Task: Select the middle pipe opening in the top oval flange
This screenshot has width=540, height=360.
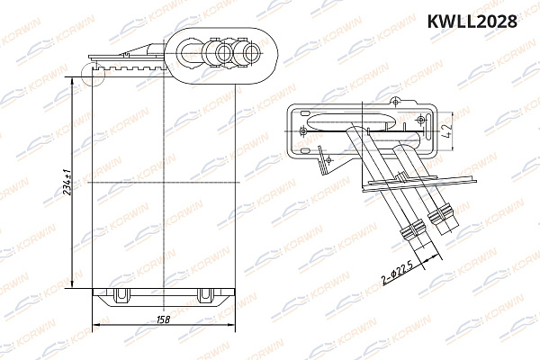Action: click(218, 54)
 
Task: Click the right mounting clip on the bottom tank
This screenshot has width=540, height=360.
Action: click(205, 292)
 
